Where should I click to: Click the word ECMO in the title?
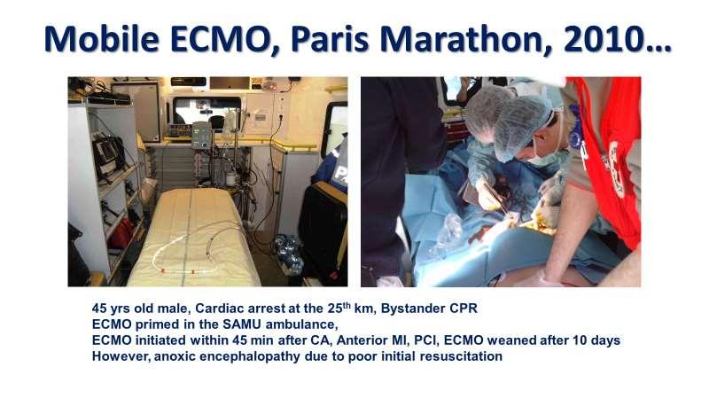[x=220, y=39]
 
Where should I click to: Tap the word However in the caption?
[x=122, y=356]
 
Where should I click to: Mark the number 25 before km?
[x=335, y=309]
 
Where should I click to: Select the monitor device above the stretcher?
[x=201, y=136]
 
